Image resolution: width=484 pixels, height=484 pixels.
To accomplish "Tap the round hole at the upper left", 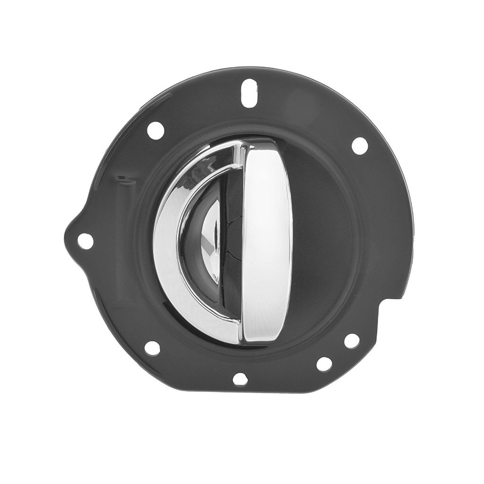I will click(x=156, y=130).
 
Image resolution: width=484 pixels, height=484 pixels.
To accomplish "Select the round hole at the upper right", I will click(x=360, y=146).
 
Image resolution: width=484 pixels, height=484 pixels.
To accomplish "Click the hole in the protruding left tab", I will click(x=85, y=241).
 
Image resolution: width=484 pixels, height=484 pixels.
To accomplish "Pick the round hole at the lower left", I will click(x=152, y=348).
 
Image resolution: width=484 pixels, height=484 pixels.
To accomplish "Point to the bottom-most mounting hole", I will click(x=240, y=379).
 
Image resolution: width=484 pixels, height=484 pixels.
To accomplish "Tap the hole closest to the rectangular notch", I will click(x=352, y=340).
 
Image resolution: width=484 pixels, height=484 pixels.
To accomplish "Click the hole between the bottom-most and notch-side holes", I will click(x=324, y=364).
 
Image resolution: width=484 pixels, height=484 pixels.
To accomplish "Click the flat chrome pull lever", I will click(x=267, y=241).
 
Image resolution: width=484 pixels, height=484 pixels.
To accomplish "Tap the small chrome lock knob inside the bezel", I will click(x=212, y=241).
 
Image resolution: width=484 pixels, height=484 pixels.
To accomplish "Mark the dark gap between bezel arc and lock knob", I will click(x=191, y=241).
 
